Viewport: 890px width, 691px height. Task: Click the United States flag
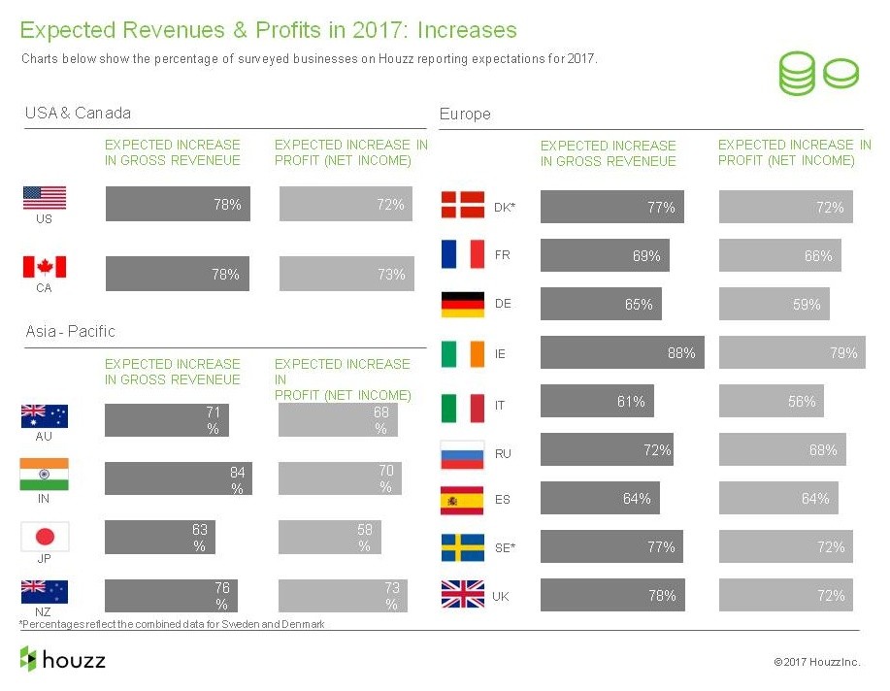point(45,198)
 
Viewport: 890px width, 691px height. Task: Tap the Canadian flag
point(45,267)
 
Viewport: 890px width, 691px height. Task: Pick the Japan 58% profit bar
point(329,539)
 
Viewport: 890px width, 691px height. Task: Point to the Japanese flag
point(45,536)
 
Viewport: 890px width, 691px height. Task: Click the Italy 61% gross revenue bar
point(597,401)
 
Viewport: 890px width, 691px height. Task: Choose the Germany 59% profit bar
point(774,304)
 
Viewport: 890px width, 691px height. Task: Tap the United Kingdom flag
point(463,595)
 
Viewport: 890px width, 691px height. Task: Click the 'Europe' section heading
point(465,114)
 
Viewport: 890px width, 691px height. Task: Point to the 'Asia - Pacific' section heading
point(70,331)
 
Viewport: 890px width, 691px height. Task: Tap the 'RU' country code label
point(502,453)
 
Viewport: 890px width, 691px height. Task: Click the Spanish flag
point(463,500)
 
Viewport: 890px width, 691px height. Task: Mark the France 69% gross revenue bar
point(605,256)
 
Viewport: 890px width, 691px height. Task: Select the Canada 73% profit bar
point(346,275)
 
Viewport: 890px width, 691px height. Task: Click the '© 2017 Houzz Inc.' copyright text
point(816,662)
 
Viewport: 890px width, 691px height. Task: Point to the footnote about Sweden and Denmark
point(172,624)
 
